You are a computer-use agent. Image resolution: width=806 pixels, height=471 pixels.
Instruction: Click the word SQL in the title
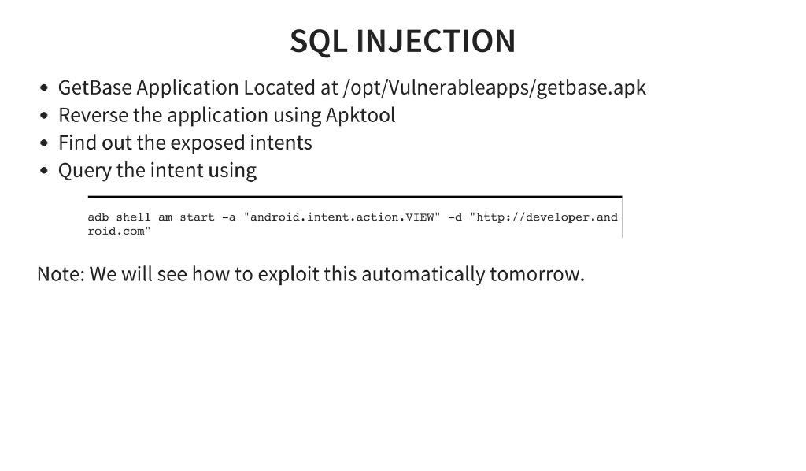(319, 41)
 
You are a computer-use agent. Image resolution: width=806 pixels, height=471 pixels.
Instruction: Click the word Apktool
(360, 115)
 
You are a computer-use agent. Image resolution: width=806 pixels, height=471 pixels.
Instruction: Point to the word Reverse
(93, 115)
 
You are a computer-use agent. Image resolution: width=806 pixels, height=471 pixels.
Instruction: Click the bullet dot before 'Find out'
(45, 144)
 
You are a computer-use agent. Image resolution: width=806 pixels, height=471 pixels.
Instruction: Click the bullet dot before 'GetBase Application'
(45, 89)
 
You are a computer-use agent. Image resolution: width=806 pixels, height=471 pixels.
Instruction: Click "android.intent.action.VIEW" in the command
(342, 217)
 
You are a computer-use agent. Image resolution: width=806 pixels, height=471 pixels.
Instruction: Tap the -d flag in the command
(454, 217)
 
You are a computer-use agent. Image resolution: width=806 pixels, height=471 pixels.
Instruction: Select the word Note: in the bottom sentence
(61, 274)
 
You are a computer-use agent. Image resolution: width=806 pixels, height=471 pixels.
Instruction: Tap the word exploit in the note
(284, 274)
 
